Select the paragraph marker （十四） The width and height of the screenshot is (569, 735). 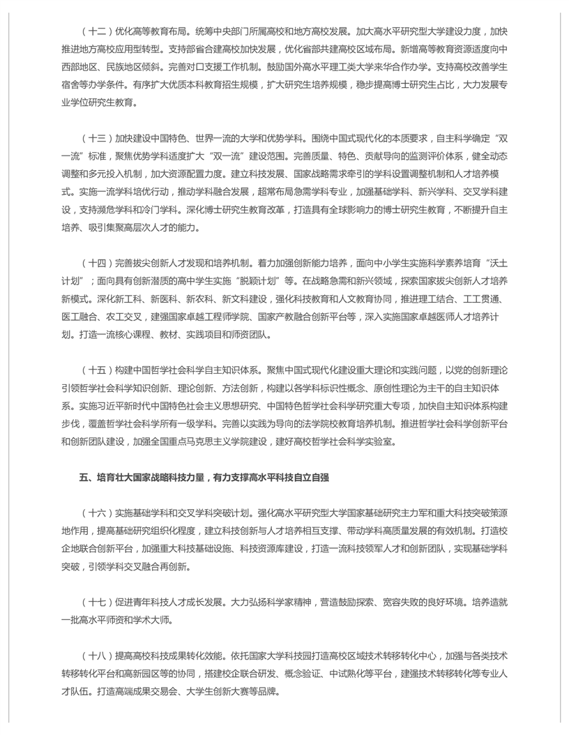(x=96, y=262)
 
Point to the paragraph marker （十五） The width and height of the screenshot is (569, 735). (x=96, y=369)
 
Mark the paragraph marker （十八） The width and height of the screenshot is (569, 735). (x=96, y=656)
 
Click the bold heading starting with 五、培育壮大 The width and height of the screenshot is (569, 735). (x=204, y=477)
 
